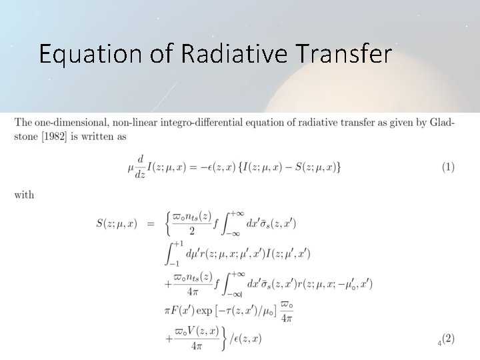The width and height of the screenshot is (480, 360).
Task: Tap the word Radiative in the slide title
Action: tap(231, 53)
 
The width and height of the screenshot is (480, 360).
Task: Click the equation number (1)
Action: tap(447, 167)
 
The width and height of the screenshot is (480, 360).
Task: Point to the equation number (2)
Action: tap(448, 339)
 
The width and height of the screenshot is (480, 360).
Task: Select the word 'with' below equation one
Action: tap(24, 195)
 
